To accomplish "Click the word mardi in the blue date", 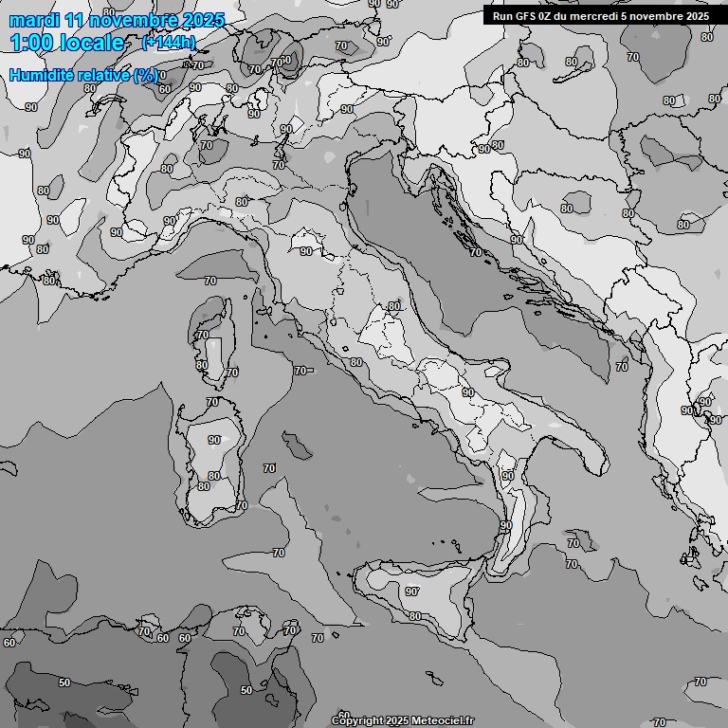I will point(34,20).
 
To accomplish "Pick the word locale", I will point(95,43).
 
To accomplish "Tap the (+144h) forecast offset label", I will point(168,43).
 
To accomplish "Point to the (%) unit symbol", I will point(146,75).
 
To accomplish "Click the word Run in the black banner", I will point(502,15).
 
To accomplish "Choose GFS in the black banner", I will point(526,15).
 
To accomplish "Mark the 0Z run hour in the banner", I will point(548,15).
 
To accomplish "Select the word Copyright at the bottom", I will point(357,720).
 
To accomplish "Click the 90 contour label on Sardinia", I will point(214,440).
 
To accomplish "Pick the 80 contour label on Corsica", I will point(201,365).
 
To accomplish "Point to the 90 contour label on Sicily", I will point(412,591).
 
